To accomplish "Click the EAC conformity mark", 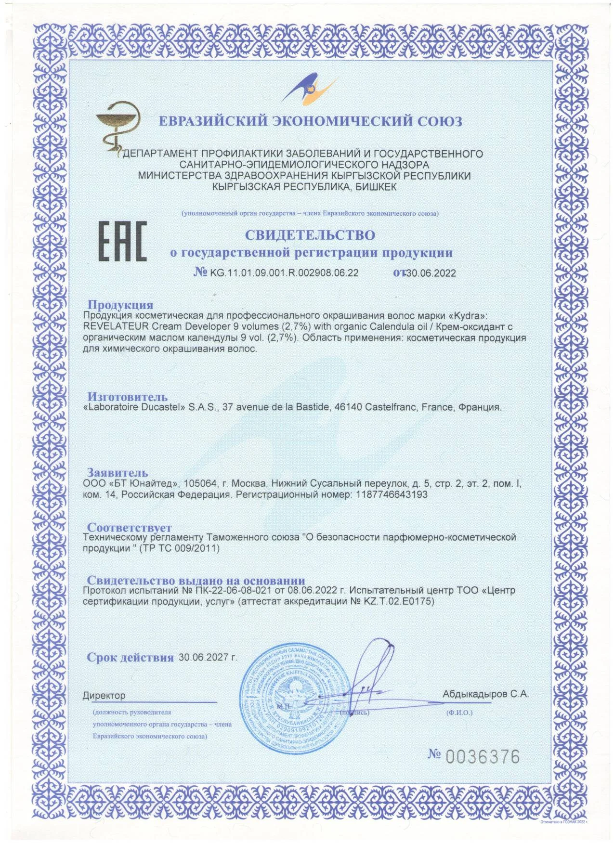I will click(x=123, y=242).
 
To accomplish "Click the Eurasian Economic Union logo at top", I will click(x=308, y=90).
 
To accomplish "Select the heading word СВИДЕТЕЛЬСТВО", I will click(x=310, y=235).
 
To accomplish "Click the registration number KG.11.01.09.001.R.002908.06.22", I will click(x=284, y=273).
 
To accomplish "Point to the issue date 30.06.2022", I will click(x=431, y=273).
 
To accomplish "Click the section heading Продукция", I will click(x=120, y=305).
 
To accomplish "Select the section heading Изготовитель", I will click(x=127, y=397).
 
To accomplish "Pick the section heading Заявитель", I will click(x=117, y=472).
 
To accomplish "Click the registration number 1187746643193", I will click(x=392, y=494).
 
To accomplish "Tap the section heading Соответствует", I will click(x=129, y=527).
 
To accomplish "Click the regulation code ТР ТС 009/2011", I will click(x=179, y=548).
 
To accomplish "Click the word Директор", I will click(x=104, y=695).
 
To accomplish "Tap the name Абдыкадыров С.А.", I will click(x=485, y=694).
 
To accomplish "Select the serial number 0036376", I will click(x=483, y=757).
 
